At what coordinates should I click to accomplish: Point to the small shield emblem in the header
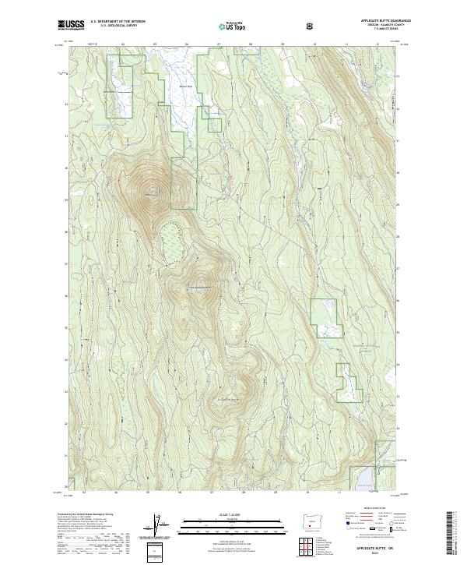coord(312,26)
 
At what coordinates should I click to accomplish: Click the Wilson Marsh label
coord(185,86)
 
